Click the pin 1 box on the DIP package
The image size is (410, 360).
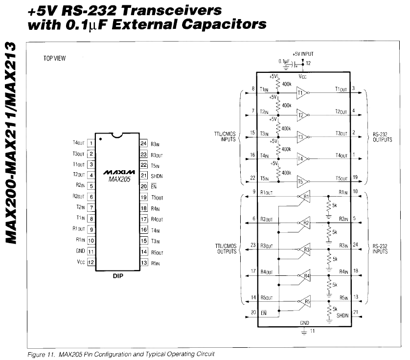(x=91, y=143)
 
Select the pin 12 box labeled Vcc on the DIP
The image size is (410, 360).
(x=91, y=262)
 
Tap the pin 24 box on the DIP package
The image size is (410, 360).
(x=143, y=143)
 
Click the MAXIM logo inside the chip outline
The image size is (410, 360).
(x=117, y=173)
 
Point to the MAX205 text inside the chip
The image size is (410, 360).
(x=117, y=179)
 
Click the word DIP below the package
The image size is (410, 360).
(x=117, y=275)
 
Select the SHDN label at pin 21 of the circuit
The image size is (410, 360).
(x=342, y=315)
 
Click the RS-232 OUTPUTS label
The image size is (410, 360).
(x=382, y=136)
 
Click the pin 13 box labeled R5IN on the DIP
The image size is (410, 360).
(x=143, y=262)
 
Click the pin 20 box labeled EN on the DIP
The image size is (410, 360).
(x=143, y=186)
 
